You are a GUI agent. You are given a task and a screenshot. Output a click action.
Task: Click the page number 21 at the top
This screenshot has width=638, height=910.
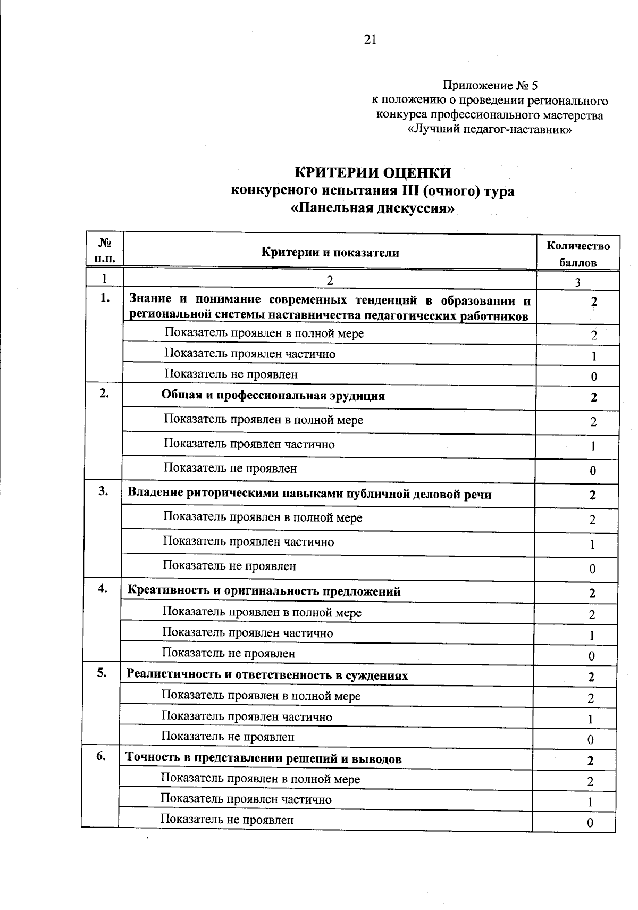(371, 39)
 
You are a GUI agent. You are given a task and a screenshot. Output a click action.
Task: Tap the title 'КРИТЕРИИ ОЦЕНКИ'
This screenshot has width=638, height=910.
(373, 173)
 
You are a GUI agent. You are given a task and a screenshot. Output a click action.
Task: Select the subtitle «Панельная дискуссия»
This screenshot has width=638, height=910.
(373, 208)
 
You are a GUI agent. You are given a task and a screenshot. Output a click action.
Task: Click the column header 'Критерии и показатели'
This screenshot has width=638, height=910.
(330, 253)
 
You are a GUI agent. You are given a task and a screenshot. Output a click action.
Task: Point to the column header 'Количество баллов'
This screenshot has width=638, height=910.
(578, 254)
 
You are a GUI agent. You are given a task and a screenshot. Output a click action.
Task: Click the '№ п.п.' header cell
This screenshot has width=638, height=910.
(105, 251)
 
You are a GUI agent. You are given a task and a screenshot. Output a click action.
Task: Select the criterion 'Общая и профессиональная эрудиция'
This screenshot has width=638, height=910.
(273, 396)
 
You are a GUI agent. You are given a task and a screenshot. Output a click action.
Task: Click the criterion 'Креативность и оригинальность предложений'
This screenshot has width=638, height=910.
(264, 591)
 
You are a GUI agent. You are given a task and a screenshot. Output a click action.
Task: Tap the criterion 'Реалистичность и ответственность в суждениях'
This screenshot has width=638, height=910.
(267, 675)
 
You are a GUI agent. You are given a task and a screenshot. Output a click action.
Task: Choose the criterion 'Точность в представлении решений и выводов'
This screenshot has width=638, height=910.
(264, 759)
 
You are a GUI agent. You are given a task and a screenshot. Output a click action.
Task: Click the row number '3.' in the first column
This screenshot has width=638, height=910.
(103, 492)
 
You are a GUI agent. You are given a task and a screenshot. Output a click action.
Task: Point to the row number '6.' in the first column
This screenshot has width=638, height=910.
(101, 757)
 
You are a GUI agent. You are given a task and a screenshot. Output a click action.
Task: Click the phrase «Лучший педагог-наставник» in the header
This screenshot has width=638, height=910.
(489, 130)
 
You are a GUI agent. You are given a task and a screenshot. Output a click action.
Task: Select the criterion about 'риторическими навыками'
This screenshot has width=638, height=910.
(309, 494)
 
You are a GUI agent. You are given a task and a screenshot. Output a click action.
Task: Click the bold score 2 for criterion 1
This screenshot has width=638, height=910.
(594, 302)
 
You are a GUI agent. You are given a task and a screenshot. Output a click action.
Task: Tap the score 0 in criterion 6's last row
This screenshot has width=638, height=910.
(590, 823)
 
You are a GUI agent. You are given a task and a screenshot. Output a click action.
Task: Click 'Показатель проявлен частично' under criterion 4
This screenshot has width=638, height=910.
(248, 633)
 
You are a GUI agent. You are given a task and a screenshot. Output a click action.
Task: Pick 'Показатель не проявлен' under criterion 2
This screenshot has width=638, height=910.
(230, 469)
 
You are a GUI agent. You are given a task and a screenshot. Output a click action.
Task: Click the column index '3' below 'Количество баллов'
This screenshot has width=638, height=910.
(577, 282)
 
